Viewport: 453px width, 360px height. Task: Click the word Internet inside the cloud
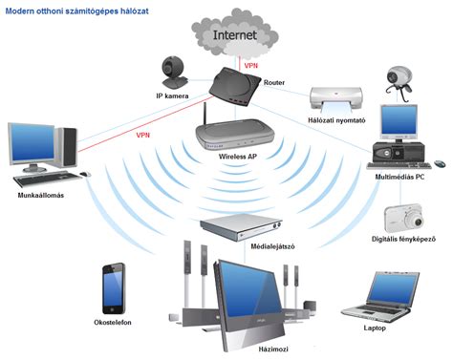[x=235, y=35]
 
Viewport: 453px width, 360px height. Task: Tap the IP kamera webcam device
[x=174, y=73]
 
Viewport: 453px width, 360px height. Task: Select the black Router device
[x=235, y=86]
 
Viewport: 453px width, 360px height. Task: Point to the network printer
[x=336, y=99]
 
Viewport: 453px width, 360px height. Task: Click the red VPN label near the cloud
[x=251, y=66]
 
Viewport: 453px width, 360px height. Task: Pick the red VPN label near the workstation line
[x=143, y=136]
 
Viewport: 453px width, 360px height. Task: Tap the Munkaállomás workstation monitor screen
[x=32, y=143]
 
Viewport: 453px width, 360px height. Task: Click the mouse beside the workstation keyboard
[x=85, y=174]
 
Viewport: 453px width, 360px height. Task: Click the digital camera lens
[x=418, y=222]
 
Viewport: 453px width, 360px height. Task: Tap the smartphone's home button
[x=112, y=309]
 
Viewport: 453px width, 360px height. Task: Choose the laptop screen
[x=394, y=289]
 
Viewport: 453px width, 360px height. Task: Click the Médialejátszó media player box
[x=241, y=226]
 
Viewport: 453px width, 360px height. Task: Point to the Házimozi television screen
[x=248, y=289]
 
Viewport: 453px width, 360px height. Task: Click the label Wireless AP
[x=238, y=157]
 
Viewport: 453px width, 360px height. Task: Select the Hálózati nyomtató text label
[x=336, y=120]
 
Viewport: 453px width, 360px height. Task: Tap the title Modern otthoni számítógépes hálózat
[x=77, y=11]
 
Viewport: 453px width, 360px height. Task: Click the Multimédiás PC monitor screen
[x=399, y=120]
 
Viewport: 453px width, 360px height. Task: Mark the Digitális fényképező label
[x=403, y=239]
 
